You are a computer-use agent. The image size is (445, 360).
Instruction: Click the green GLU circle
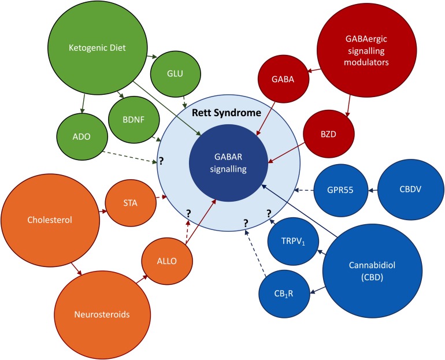[x=176, y=74]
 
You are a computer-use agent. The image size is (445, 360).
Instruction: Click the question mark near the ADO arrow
[x=161, y=162]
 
